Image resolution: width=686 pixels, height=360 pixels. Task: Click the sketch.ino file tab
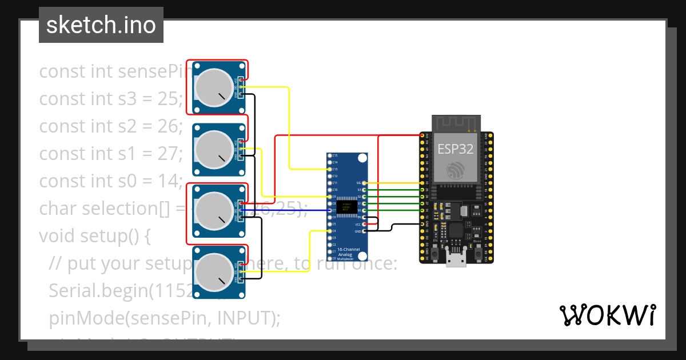pyautogui.click(x=101, y=25)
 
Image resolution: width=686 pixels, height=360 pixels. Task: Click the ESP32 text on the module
pyautogui.click(x=455, y=149)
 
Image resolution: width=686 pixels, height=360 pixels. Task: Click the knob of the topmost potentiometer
pyautogui.click(x=213, y=87)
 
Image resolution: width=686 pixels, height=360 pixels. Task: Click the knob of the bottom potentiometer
pyautogui.click(x=213, y=272)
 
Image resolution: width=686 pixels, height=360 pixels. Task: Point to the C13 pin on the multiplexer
pyautogui.click(x=329, y=169)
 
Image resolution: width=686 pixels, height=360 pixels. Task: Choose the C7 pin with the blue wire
pyautogui.click(x=329, y=210)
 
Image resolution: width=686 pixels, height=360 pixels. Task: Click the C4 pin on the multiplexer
pyautogui.click(x=329, y=231)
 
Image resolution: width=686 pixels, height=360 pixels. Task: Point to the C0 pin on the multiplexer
pyautogui.click(x=329, y=258)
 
